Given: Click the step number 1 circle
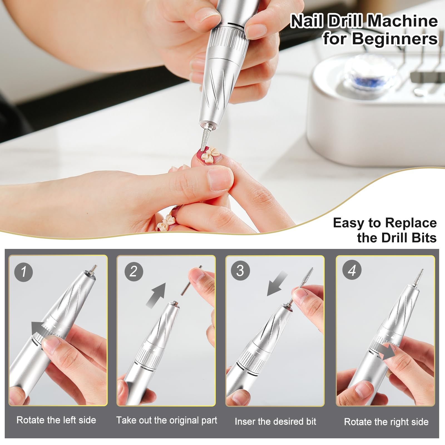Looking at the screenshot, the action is pos(24,272).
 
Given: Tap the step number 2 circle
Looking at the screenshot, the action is pos(133,271).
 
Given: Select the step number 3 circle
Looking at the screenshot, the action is pos(240,271).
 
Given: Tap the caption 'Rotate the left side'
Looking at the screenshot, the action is pos(56,420).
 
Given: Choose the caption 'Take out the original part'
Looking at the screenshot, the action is pos(167,420).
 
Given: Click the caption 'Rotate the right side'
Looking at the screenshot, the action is pos(386,422).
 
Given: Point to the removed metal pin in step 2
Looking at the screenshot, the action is pos(192,281).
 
